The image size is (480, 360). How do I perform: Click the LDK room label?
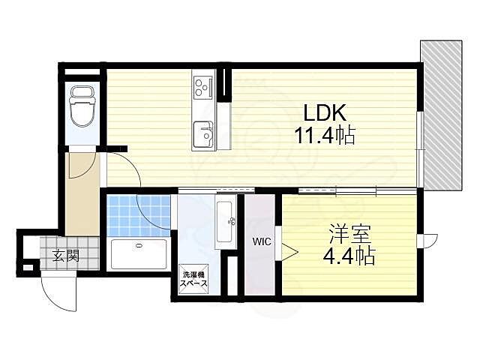323,112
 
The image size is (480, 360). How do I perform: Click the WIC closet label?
261,242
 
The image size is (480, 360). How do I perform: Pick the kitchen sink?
203,135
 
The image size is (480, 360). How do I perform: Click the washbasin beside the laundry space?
225,222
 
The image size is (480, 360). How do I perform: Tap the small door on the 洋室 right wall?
428,241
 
